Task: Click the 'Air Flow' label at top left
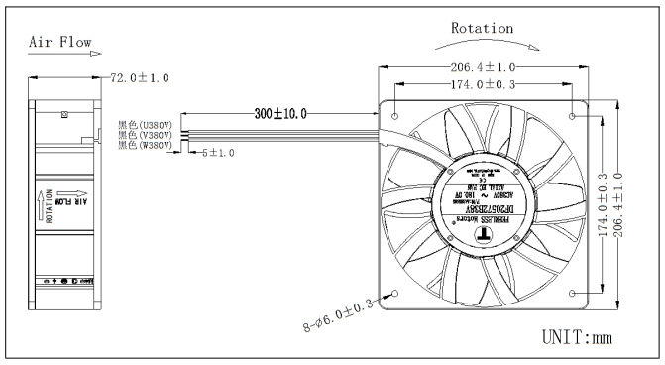click(x=61, y=43)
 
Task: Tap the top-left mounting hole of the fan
click(x=396, y=115)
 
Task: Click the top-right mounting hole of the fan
click(x=574, y=115)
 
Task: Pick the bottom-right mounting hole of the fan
click(x=574, y=293)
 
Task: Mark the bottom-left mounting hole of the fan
click(x=396, y=293)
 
